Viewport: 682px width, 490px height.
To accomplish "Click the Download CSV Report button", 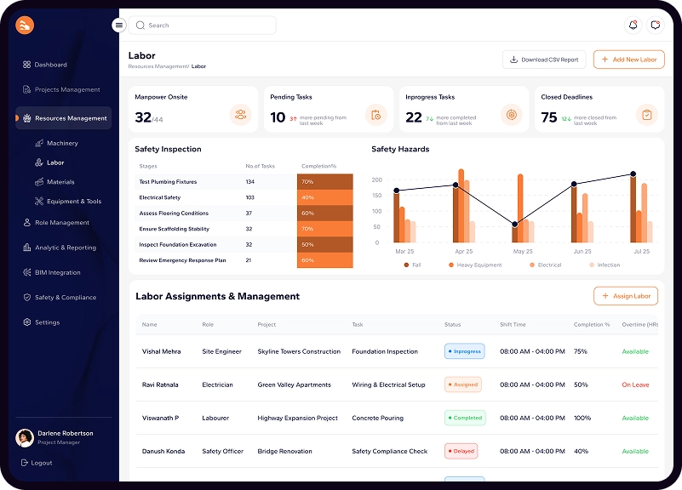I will coord(544,60).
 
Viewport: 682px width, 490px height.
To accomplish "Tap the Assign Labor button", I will coord(626,296).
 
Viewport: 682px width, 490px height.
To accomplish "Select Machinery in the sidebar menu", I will coord(62,144).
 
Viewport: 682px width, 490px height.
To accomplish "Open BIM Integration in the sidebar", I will coord(57,273).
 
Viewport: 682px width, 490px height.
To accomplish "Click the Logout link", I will coord(41,463).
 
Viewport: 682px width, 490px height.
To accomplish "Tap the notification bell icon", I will coord(633,26).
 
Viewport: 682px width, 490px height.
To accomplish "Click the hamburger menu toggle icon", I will coord(118,26).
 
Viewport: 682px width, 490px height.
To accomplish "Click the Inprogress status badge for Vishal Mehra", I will coord(464,351).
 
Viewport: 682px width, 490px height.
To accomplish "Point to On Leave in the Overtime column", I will coord(635,385).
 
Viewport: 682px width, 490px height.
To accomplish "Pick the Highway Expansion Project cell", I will coord(297,419).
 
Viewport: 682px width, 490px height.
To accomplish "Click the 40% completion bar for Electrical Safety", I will coord(324,197).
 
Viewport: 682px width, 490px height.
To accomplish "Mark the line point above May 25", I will coord(514,225).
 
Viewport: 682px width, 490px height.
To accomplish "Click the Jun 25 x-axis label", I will coord(582,252).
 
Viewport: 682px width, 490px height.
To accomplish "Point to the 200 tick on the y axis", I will coord(376,180).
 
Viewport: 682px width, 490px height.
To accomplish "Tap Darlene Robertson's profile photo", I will coord(25,437).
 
